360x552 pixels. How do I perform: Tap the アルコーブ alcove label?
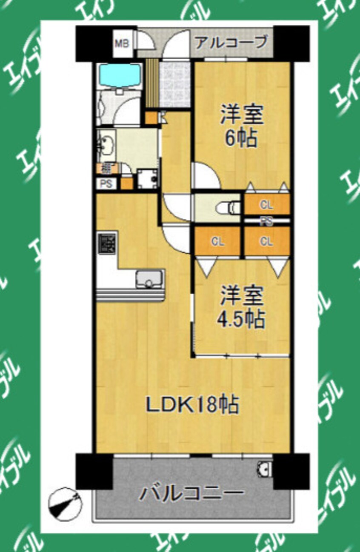click(x=231, y=43)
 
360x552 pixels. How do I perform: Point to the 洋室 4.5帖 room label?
click(x=242, y=307)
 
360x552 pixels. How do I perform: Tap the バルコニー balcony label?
click(x=192, y=494)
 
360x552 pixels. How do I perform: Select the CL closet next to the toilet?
click(x=267, y=205)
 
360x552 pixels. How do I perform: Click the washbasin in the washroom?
click(x=107, y=145)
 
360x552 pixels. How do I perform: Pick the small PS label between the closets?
click(x=267, y=221)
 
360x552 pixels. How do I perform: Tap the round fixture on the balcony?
click(x=265, y=469)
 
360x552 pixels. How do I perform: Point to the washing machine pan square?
click(x=147, y=179)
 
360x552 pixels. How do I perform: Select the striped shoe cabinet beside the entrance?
click(x=152, y=83)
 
